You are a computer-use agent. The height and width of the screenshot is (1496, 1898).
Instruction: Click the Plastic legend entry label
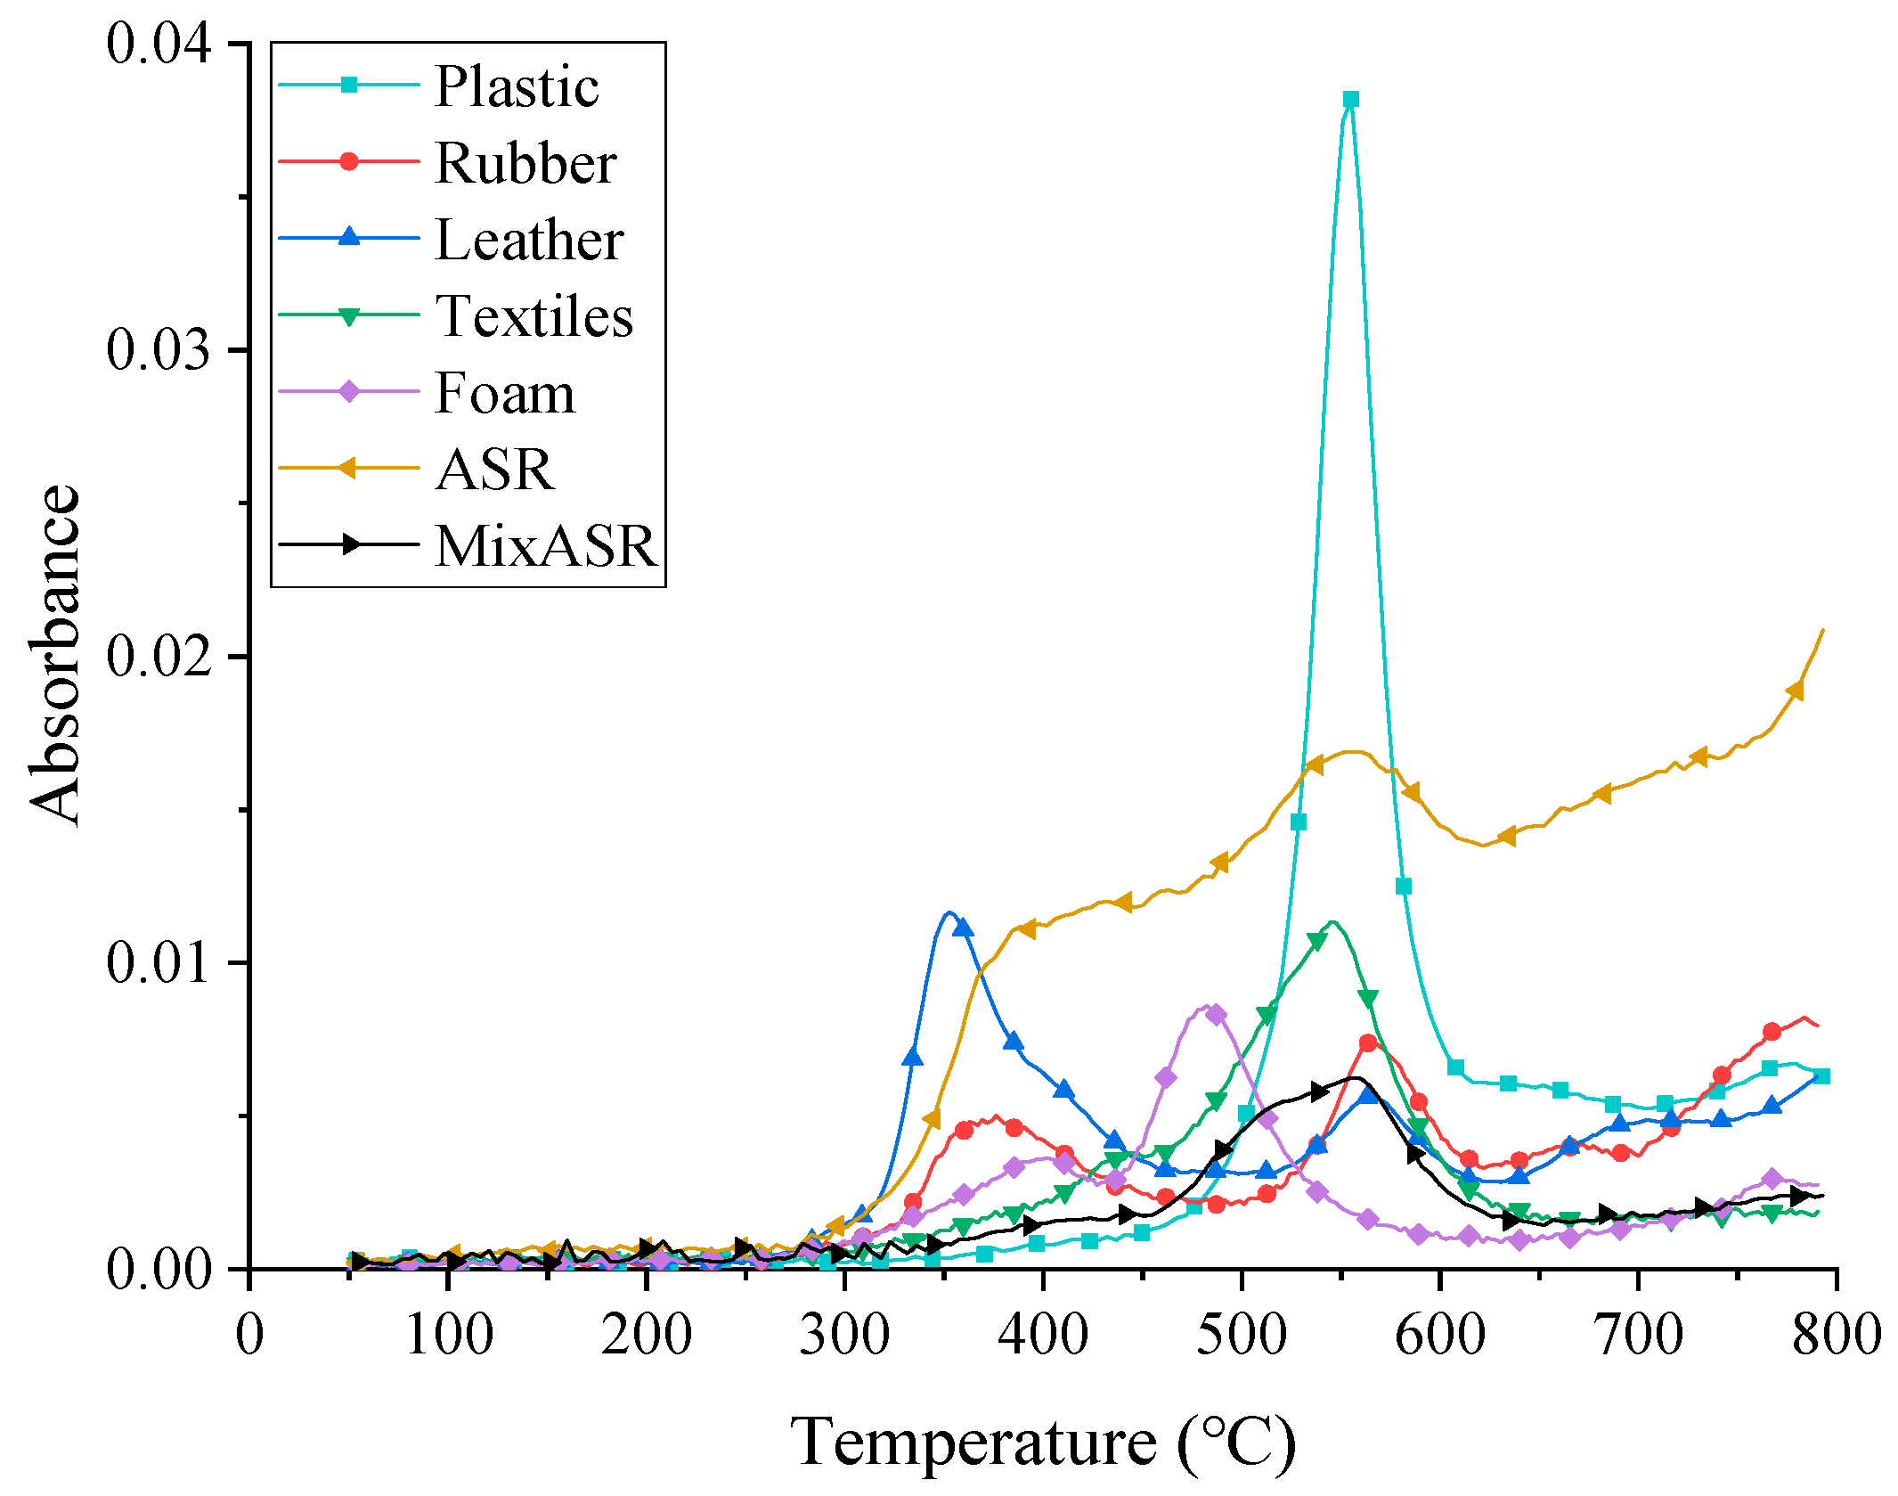tap(517, 86)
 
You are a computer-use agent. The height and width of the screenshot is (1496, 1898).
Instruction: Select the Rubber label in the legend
tap(525, 163)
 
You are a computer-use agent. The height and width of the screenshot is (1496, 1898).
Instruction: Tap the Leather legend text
tap(529, 240)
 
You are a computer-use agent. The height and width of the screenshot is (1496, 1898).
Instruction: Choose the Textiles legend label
tap(534, 316)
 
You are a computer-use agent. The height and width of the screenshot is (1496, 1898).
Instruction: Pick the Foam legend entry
tap(505, 393)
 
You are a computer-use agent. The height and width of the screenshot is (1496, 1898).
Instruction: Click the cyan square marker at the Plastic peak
tap(1350, 99)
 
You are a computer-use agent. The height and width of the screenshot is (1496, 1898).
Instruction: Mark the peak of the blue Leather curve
tap(949, 911)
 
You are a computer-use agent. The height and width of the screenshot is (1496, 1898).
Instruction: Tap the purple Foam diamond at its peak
tap(1216, 1014)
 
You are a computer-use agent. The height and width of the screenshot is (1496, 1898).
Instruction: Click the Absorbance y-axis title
tap(55, 655)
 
